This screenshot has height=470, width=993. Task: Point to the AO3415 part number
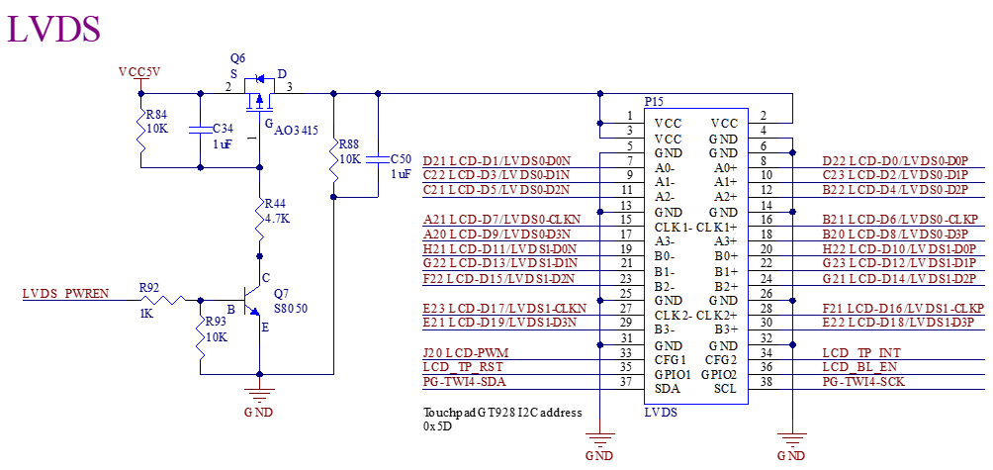tap(297, 130)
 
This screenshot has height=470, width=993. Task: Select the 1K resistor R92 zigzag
tap(172, 298)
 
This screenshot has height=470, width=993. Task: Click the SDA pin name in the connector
tap(667, 390)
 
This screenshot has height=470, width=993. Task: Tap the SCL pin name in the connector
tap(725, 390)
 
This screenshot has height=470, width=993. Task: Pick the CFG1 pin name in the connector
tap(671, 360)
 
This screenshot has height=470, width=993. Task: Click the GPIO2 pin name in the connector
tap(719, 375)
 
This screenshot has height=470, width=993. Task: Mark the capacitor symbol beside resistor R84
tap(201, 129)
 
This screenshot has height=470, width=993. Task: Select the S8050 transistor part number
tap(290, 308)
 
